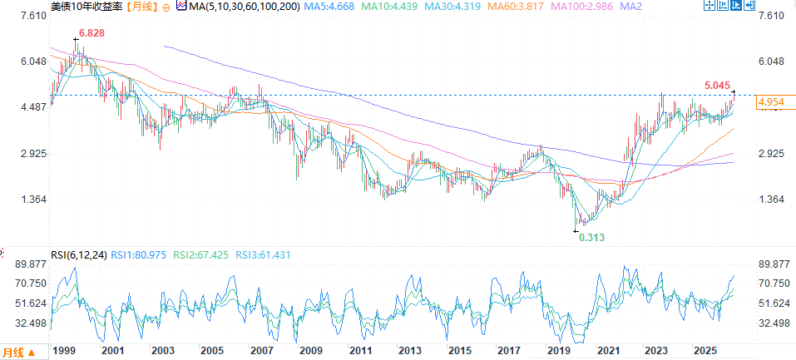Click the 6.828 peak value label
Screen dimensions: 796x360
coord(91,33)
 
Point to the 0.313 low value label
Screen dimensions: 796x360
coord(592,237)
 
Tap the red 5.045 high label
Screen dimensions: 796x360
coord(718,85)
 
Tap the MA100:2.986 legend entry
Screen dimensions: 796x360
coord(581,7)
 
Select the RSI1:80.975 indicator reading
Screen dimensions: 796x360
coord(139,255)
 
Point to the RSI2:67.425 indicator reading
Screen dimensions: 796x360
coord(201,255)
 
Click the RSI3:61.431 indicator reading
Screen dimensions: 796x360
coord(263,255)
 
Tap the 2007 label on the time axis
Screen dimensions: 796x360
coord(260,350)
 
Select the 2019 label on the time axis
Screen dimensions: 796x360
coord(557,350)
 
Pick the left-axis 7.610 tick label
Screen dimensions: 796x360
coord(33,16)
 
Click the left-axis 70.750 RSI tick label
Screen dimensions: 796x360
coord(32,284)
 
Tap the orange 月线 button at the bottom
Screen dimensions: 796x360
coord(19,352)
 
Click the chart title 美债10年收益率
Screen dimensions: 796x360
coord(87,7)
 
